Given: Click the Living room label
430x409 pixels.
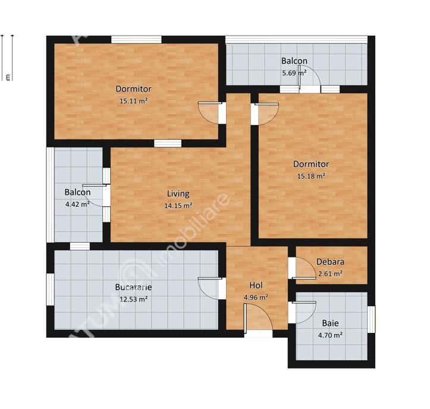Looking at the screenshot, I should pyautogui.click(x=178, y=194).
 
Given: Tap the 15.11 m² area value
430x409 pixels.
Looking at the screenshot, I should pyautogui.click(x=133, y=101).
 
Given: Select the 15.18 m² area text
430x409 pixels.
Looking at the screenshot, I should pyautogui.click(x=310, y=176).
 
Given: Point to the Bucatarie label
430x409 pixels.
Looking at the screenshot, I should pyautogui.click(x=133, y=287).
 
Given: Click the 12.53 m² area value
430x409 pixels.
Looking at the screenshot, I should pyautogui.click(x=133, y=299).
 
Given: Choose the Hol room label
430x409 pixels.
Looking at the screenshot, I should pyautogui.click(x=256, y=285).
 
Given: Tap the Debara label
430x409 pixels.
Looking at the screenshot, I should pyautogui.click(x=330, y=262).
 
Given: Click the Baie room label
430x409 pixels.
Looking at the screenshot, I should pyautogui.click(x=330, y=323).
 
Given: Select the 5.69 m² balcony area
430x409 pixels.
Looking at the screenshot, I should pyautogui.click(x=294, y=73).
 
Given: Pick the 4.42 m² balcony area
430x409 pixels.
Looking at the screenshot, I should pyautogui.click(x=77, y=204).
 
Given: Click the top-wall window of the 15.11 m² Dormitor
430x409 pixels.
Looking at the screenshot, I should pyautogui.click(x=136, y=40).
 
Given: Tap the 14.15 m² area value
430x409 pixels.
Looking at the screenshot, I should pyautogui.click(x=178, y=206).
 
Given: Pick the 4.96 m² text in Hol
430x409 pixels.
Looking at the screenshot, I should pyautogui.click(x=256, y=297).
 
